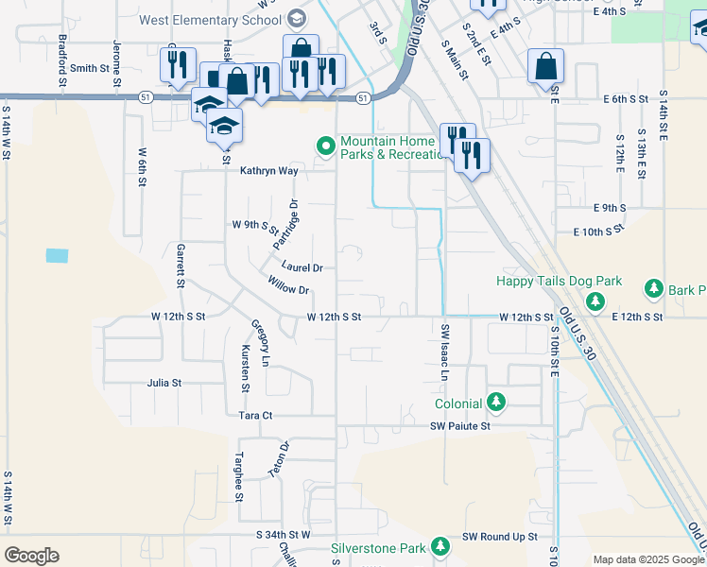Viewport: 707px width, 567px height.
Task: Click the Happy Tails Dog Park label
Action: pos(560,281)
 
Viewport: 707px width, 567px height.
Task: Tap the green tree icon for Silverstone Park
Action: pos(440,547)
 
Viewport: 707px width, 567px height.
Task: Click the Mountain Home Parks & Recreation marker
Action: pos(326,146)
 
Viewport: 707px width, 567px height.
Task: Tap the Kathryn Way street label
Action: pos(268,171)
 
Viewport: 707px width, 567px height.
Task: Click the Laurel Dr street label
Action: pos(302,267)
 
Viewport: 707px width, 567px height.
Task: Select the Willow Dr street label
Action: pos(288,284)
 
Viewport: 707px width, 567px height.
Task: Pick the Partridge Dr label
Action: pos(285,225)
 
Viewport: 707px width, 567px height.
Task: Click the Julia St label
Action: pos(164,384)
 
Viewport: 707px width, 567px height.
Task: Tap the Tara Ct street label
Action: pos(255,415)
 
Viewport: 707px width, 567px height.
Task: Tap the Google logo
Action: pos(31,556)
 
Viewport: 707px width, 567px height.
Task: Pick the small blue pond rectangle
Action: pos(57,255)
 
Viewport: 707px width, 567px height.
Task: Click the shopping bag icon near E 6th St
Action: pos(545,67)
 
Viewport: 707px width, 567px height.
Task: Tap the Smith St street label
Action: pos(90,68)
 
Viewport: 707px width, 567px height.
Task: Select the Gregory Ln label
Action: pos(260,339)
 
